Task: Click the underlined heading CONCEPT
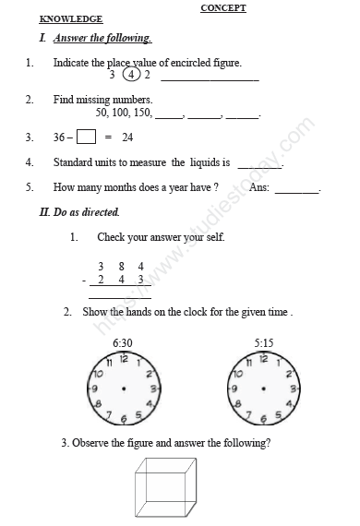click(x=223, y=8)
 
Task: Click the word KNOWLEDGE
click(x=71, y=18)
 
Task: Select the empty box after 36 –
click(x=86, y=137)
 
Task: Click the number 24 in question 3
click(x=127, y=137)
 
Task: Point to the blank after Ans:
click(x=296, y=189)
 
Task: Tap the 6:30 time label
click(x=122, y=343)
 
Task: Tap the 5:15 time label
click(x=265, y=343)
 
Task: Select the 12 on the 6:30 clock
click(x=123, y=359)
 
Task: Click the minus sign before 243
click(x=84, y=280)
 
